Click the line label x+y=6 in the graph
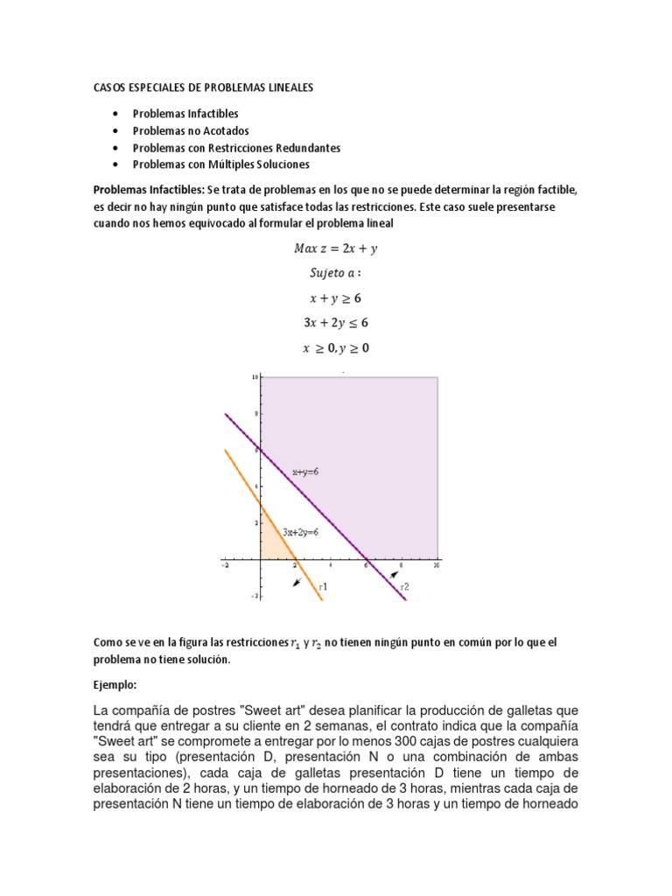pos(305,472)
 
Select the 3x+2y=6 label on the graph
pos(300,531)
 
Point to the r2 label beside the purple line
pos(404,587)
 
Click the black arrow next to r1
pos(298,580)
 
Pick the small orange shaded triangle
pos(273,544)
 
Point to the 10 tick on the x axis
pos(435,566)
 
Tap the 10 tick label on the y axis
pos(255,377)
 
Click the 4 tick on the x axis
pos(331,566)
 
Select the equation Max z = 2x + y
pos(336,248)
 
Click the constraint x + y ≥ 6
pos(336,297)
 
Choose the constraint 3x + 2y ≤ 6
pos(336,322)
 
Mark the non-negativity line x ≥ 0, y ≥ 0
pos(336,347)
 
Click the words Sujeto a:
pos(336,272)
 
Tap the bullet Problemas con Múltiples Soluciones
pos(220,164)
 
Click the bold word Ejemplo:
pos(116,684)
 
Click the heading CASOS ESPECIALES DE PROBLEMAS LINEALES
pos(203,88)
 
